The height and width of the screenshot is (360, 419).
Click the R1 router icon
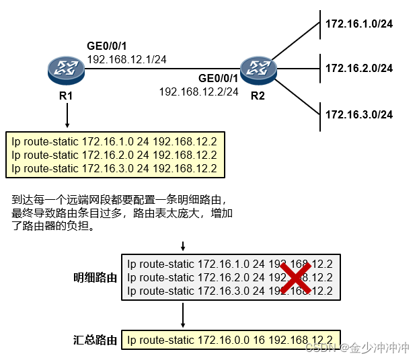[65, 67]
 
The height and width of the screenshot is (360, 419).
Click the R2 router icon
[258, 67]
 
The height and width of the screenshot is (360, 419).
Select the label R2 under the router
[258, 96]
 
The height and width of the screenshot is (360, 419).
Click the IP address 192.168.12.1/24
[126, 59]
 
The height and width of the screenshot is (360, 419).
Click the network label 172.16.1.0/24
[358, 24]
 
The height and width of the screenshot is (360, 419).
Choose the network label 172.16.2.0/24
[358, 68]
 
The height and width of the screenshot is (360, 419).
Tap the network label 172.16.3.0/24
[358, 114]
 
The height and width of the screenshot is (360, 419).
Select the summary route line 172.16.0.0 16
[230, 340]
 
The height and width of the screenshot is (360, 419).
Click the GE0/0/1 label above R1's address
[106, 46]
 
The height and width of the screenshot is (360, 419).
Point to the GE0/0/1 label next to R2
[218, 78]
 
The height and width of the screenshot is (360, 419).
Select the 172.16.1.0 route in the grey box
[230, 264]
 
